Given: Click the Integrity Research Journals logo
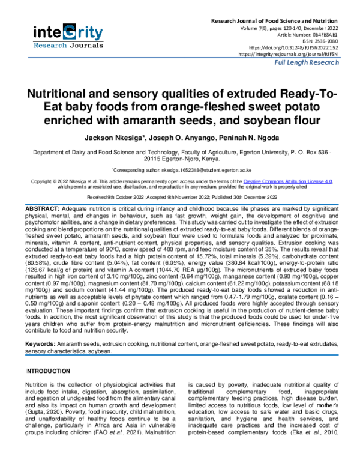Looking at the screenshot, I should pos(68,36).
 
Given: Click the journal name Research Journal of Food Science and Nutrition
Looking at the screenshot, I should pos(286,21).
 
